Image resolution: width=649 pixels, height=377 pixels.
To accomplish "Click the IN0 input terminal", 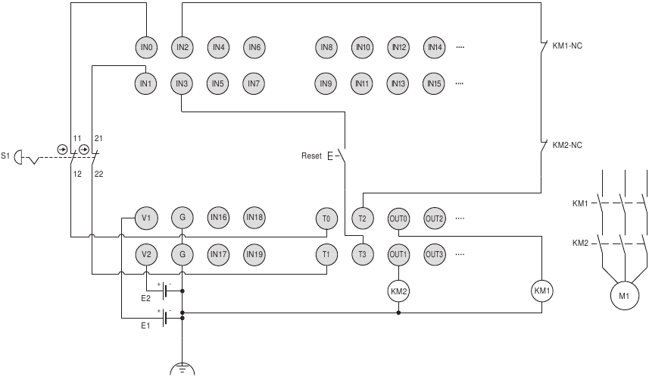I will (x=146, y=47).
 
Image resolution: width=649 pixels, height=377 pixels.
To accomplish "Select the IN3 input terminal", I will (x=182, y=83).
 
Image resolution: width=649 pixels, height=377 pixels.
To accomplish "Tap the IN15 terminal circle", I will (x=434, y=83).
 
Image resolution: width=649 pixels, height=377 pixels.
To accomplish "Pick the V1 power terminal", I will (x=146, y=218).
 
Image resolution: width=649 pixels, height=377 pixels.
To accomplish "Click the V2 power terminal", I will (x=146, y=254).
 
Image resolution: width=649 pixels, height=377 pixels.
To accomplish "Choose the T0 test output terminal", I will (x=326, y=218).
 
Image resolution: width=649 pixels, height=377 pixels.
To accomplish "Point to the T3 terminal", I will (x=362, y=254).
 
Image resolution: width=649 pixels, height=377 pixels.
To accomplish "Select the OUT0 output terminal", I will (x=398, y=218).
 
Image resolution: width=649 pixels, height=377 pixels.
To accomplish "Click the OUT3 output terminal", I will (x=434, y=254).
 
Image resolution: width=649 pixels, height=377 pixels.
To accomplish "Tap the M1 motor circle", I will (x=624, y=296).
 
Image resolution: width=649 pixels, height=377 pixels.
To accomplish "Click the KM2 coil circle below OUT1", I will (x=398, y=290).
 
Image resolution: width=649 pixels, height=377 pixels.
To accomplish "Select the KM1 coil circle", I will (x=542, y=290).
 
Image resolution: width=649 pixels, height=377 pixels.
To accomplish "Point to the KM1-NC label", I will (x=567, y=46).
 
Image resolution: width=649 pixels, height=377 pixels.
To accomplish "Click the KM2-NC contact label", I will (x=567, y=144).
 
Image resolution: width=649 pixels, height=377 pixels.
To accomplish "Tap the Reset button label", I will (x=311, y=156).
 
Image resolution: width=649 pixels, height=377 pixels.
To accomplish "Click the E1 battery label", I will (x=145, y=325).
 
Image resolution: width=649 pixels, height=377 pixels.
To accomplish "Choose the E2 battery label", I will (x=145, y=298).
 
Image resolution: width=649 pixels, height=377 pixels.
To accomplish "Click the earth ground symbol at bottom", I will (x=182, y=369).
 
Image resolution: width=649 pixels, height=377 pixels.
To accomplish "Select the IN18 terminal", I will (x=254, y=218).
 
